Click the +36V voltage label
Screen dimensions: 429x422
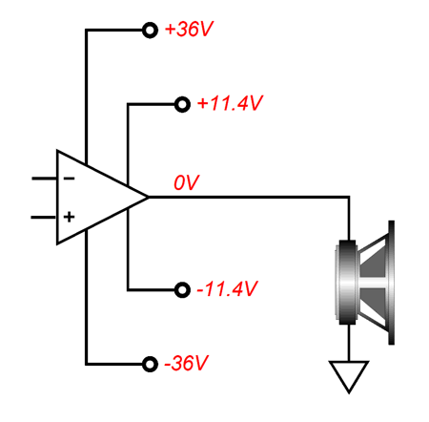tap(189, 30)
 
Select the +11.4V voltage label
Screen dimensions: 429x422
tap(230, 103)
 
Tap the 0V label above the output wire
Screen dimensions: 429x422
tap(186, 182)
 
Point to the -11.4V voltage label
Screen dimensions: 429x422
tap(227, 289)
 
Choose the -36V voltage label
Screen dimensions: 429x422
tap(186, 363)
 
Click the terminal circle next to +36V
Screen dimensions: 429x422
tap(150, 31)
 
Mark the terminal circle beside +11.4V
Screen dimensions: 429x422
tap(182, 104)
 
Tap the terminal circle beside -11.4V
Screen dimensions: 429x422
tap(182, 290)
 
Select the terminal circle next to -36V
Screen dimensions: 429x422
tap(150, 364)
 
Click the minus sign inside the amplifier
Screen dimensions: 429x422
tap(69, 179)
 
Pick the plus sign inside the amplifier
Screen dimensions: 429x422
tap(69, 217)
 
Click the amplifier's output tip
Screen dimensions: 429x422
tap(148, 198)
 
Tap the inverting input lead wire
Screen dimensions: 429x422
tap(44, 179)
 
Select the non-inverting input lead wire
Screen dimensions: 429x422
tap(44, 218)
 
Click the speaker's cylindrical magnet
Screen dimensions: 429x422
tap(347, 283)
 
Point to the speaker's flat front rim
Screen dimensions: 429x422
tap(392, 283)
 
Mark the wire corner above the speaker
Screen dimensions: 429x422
tap(349, 198)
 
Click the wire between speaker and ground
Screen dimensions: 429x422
tap(349, 343)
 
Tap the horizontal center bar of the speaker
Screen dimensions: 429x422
tap(374, 283)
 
